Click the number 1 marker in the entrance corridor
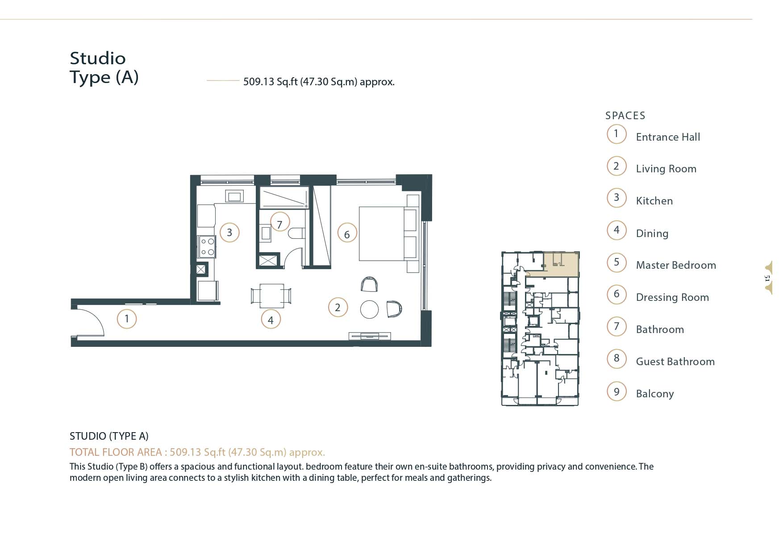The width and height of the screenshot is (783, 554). click(x=127, y=319)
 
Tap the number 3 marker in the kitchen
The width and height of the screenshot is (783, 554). click(x=229, y=233)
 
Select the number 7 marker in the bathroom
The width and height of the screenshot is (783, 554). click(x=280, y=225)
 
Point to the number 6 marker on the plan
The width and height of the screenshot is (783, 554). click(x=347, y=234)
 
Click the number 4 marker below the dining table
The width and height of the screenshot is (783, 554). click(x=271, y=320)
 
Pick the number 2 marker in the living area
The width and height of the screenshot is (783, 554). click(x=337, y=308)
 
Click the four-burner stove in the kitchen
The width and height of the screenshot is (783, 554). click(x=207, y=247)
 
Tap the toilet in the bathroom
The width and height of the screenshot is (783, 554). click(x=296, y=233)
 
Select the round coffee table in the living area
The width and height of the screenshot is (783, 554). click(x=369, y=309)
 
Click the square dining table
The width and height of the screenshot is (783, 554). click(x=271, y=296)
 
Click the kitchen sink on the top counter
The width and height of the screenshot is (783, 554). click(x=234, y=196)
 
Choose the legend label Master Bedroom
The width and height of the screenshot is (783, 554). click(x=676, y=265)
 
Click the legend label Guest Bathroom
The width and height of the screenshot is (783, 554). click(x=675, y=362)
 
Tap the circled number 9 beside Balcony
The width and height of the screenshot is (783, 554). click(x=616, y=392)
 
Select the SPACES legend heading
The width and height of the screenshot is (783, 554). click(x=625, y=116)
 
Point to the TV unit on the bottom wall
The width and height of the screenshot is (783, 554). click(x=370, y=336)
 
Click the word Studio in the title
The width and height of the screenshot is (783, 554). click(x=98, y=58)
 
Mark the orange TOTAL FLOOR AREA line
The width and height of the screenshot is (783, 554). click(x=197, y=452)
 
